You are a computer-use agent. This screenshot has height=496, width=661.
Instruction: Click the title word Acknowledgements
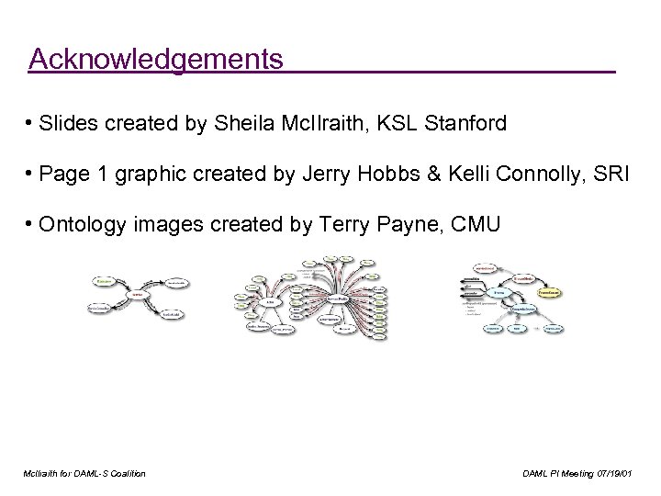click(156, 60)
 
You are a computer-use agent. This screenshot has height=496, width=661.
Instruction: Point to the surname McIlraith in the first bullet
click(315, 124)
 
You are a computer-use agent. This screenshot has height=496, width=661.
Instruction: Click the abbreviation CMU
click(477, 224)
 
